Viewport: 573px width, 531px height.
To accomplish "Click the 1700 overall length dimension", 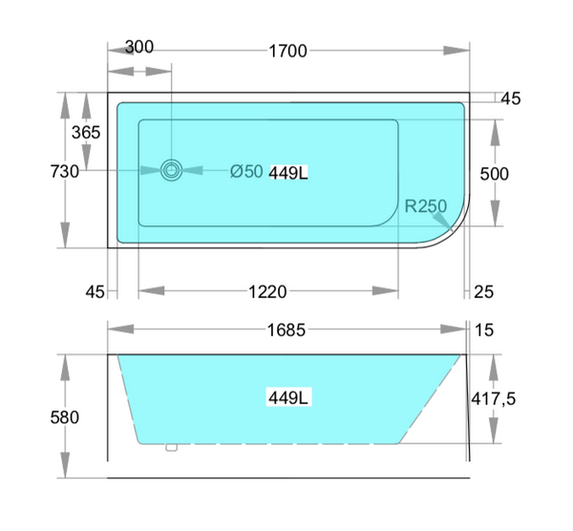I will click(287, 51).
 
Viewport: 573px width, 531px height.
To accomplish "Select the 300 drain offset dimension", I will click(139, 48).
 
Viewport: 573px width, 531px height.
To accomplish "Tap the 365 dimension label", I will click(86, 133).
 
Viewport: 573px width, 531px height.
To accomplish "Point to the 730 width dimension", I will click(63, 172).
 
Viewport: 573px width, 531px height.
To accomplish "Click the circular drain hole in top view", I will click(172, 171).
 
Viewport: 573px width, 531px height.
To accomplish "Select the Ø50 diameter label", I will click(246, 172).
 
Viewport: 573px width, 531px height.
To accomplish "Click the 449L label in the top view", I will click(290, 173).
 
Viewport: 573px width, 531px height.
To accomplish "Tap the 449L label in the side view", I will click(290, 397).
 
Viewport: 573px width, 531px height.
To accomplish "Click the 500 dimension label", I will click(494, 174).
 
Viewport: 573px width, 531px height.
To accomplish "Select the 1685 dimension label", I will click(286, 330).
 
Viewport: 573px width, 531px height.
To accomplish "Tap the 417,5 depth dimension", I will click(494, 399).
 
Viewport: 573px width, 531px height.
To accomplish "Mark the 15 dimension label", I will click(483, 330).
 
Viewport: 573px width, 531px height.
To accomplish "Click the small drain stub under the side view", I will click(171, 447).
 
